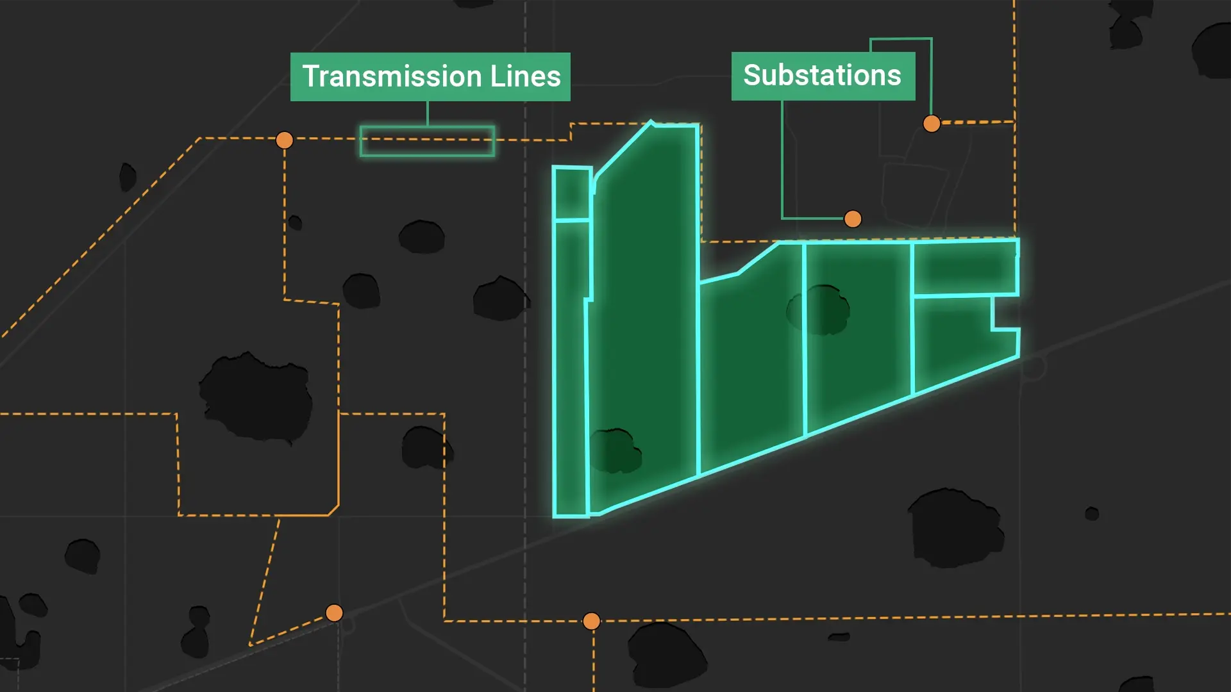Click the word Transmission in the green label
tap(392, 76)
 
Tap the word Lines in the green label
tap(525, 76)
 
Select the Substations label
tap(823, 76)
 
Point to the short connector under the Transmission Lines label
tap(428, 113)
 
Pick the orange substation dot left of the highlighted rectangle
tap(284, 140)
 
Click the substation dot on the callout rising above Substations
tap(932, 124)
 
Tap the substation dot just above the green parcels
tap(853, 219)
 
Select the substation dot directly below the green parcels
tap(591, 621)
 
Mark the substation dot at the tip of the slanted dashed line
tap(334, 613)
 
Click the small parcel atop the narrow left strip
tap(571, 193)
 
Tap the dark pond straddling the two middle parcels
tap(819, 310)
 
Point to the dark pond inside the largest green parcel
tap(615, 450)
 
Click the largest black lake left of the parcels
tap(256, 397)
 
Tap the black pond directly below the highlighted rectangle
tap(421, 236)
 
